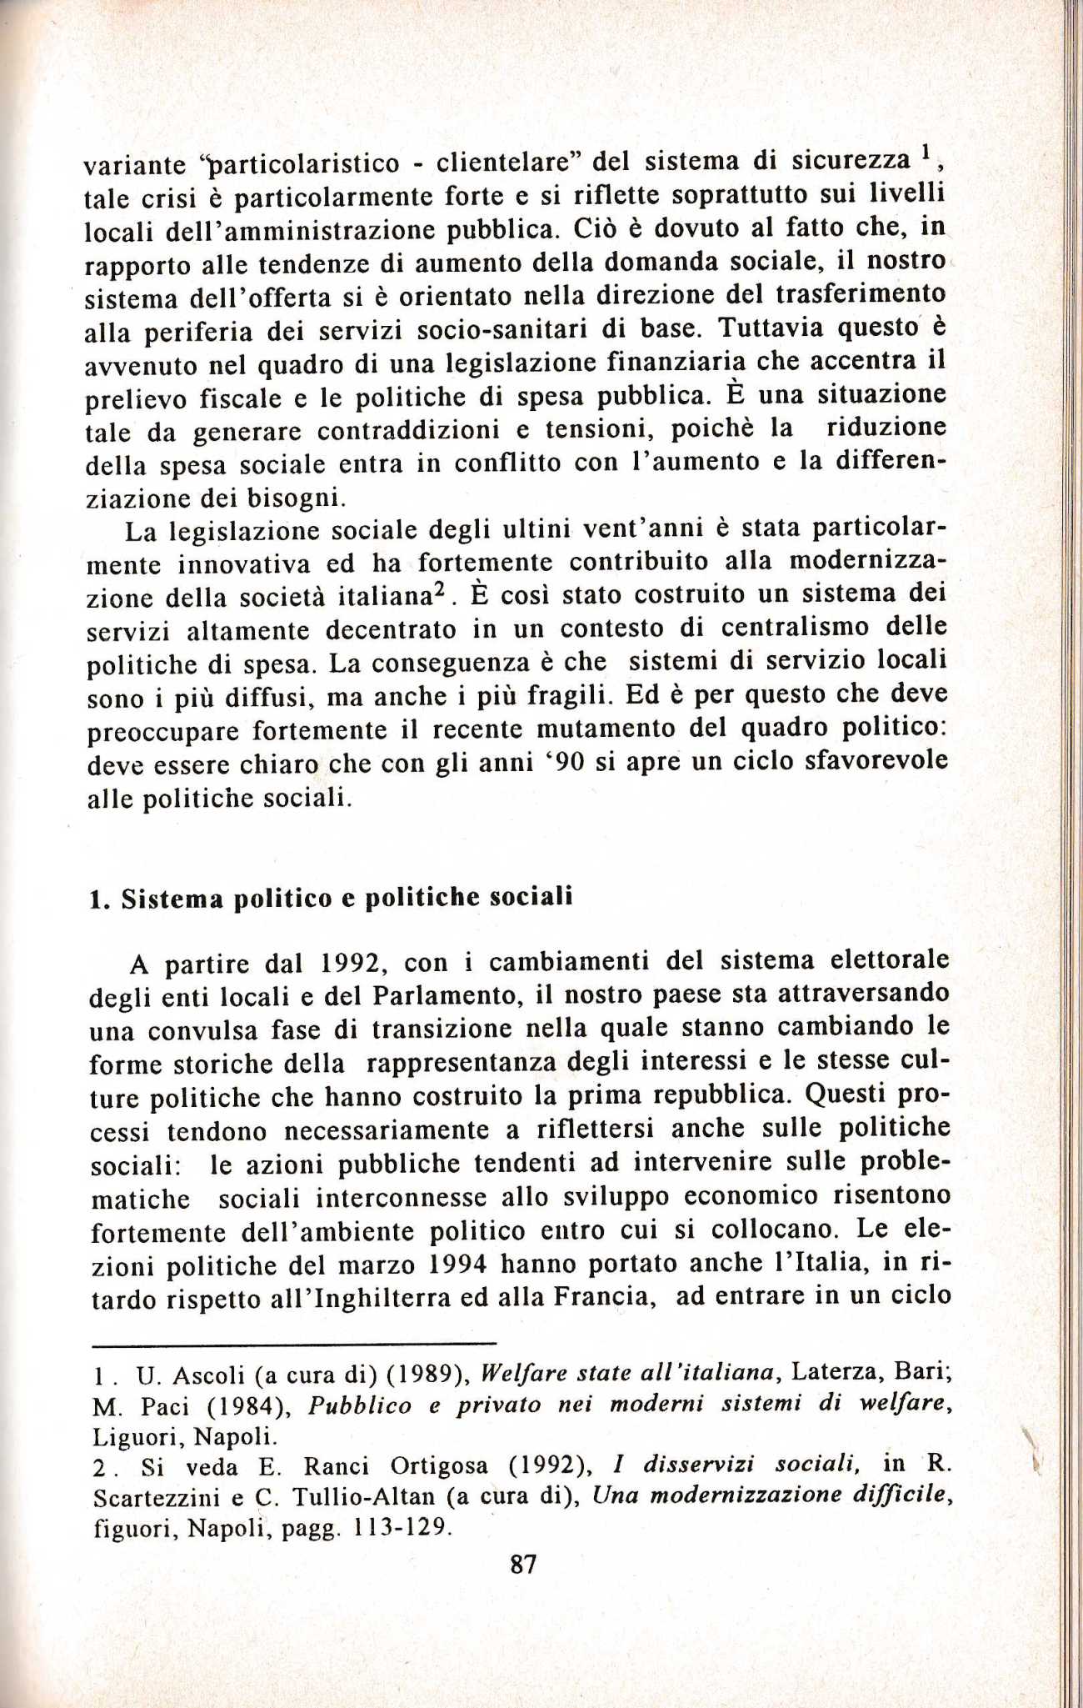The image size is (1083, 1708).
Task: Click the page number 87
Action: pyautogui.click(x=523, y=1565)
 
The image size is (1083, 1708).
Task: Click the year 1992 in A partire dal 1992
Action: pyautogui.click(x=351, y=964)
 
